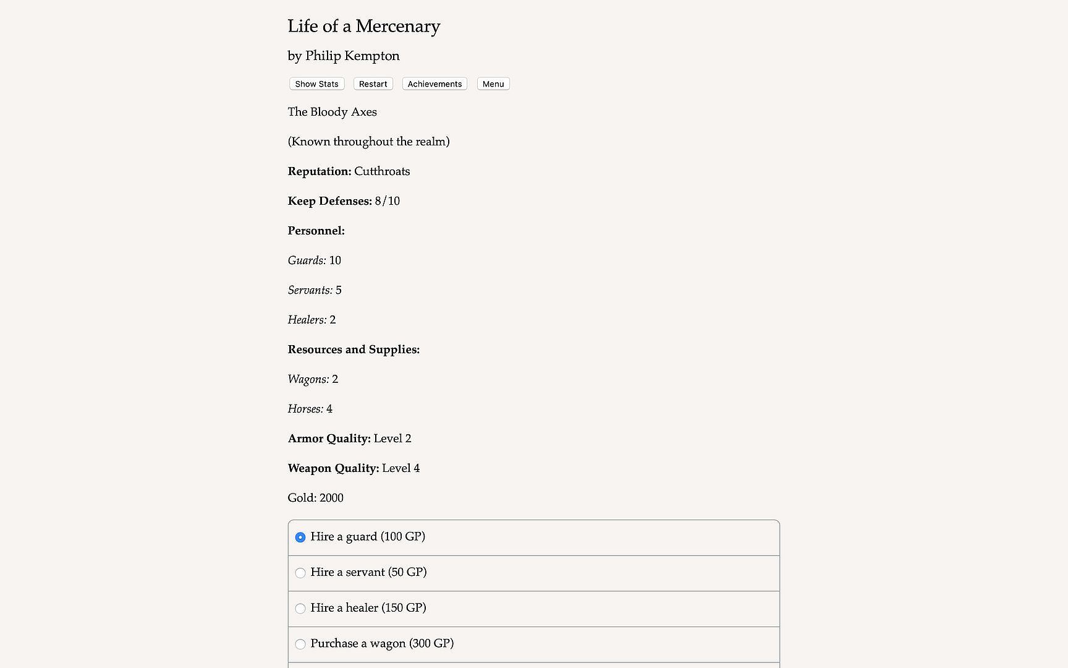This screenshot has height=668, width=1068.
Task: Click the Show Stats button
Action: point(316,84)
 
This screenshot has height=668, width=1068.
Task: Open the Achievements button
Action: point(434,84)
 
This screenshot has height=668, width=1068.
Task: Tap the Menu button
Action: point(493,84)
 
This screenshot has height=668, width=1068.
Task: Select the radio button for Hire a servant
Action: point(300,573)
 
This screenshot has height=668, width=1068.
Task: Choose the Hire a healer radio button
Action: point(300,609)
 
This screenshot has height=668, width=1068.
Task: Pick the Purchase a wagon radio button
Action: point(300,644)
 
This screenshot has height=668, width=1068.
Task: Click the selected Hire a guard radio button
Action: point(300,537)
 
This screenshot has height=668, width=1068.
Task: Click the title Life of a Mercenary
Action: point(363,27)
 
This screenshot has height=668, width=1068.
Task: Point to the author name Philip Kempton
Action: point(352,56)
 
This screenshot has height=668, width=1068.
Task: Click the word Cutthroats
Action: point(382,171)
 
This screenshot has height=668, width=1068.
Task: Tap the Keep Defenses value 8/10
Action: point(388,201)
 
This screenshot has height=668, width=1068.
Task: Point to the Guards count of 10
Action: point(335,260)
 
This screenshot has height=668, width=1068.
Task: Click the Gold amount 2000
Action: point(331,498)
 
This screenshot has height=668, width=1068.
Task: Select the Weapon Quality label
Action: point(333,468)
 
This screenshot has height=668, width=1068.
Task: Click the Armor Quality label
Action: point(329,439)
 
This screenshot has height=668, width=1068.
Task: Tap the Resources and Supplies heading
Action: point(354,349)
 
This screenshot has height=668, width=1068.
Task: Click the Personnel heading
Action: point(316,231)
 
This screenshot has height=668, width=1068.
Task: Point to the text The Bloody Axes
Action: point(332,112)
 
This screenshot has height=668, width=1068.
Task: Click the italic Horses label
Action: point(305,409)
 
